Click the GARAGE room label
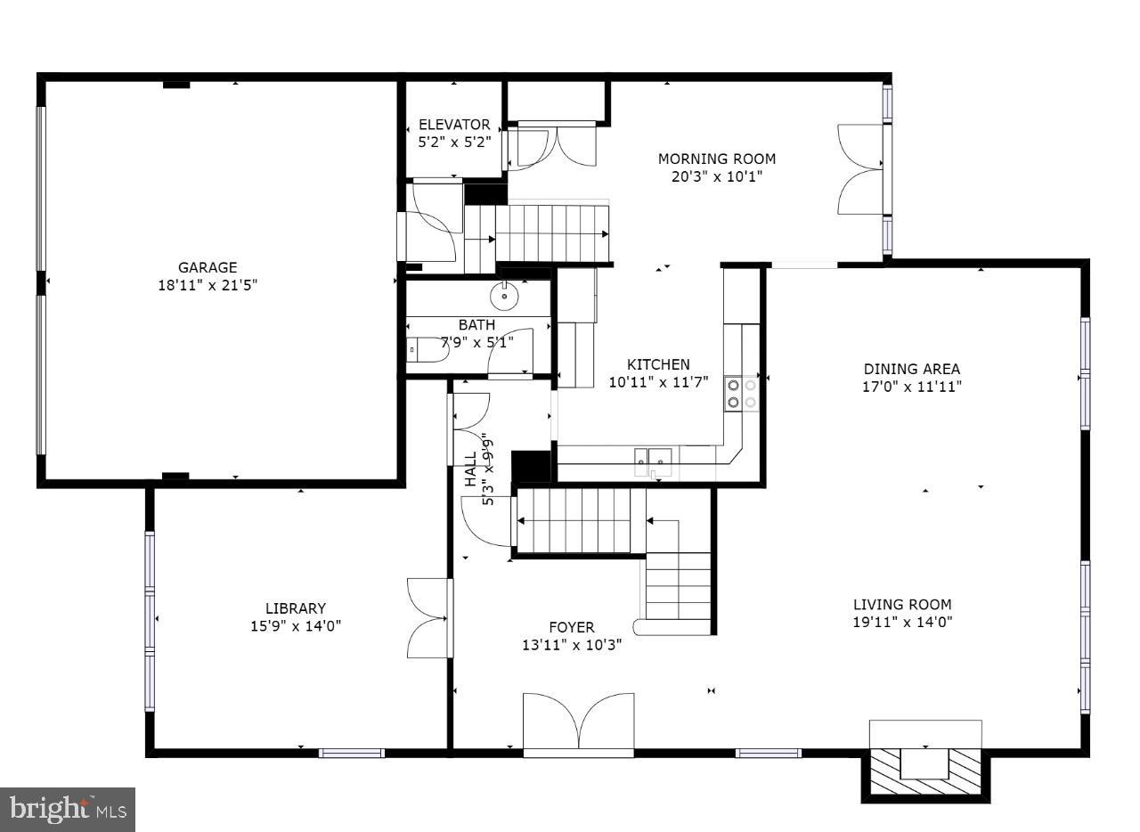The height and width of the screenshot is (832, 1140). pos(208,267)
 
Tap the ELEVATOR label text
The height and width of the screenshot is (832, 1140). pos(454,125)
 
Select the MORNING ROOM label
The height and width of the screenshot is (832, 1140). pos(717,159)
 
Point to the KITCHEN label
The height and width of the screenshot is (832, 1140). pos(658,364)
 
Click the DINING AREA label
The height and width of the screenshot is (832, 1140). pos(912,369)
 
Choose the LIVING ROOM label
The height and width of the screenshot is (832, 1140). pos(902,604)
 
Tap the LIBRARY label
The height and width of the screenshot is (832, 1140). pos(295,608)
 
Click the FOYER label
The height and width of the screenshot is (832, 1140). pos(571,627)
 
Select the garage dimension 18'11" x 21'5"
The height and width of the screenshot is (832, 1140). pos(208,285)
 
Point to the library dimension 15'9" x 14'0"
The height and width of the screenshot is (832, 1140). pos(295,626)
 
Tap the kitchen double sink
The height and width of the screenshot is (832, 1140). pos(653,457)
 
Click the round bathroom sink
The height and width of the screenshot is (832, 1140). pos(504,293)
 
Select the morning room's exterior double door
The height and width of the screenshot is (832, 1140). pos(860,169)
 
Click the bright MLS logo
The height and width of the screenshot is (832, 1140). pos(68,810)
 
